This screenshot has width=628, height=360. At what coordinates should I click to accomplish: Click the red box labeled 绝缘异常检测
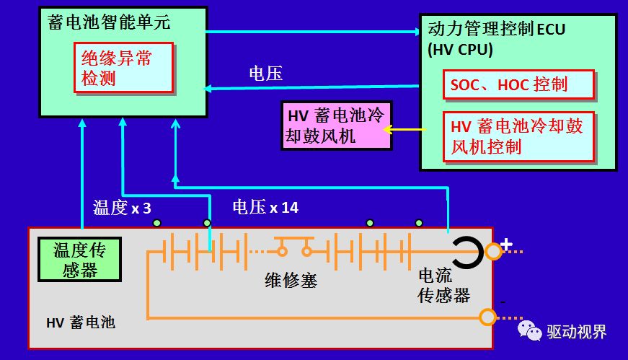click(123, 68)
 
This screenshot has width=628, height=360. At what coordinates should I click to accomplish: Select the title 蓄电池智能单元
click(109, 22)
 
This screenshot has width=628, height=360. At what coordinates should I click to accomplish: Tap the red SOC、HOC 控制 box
click(518, 84)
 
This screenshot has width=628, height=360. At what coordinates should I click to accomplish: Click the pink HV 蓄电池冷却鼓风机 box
click(337, 126)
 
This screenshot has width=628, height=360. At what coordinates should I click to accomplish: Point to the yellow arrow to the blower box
click(404, 129)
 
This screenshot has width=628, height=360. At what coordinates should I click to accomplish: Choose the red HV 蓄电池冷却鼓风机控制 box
click(518, 137)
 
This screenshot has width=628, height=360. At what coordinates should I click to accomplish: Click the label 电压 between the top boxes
click(265, 74)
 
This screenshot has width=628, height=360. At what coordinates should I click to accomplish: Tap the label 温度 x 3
click(122, 208)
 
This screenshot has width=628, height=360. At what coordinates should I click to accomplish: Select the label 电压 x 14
click(265, 207)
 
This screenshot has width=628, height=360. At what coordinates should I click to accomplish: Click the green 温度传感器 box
click(80, 260)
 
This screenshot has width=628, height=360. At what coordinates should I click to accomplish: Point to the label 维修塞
click(291, 280)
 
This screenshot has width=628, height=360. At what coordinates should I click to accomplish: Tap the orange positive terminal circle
click(493, 252)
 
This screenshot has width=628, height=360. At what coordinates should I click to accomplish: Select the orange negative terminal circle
click(487, 317)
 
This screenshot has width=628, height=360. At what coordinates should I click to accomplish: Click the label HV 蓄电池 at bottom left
click(81, 322)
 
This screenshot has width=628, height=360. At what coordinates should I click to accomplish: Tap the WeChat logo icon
click(529, 330)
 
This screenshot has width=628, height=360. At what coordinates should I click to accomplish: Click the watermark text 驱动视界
click(577, 332)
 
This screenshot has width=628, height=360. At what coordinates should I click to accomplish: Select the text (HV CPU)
click(460, 50)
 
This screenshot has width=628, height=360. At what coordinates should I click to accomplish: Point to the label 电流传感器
click(443, 286)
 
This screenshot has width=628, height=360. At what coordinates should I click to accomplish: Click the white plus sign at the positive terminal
click(507, 244)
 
